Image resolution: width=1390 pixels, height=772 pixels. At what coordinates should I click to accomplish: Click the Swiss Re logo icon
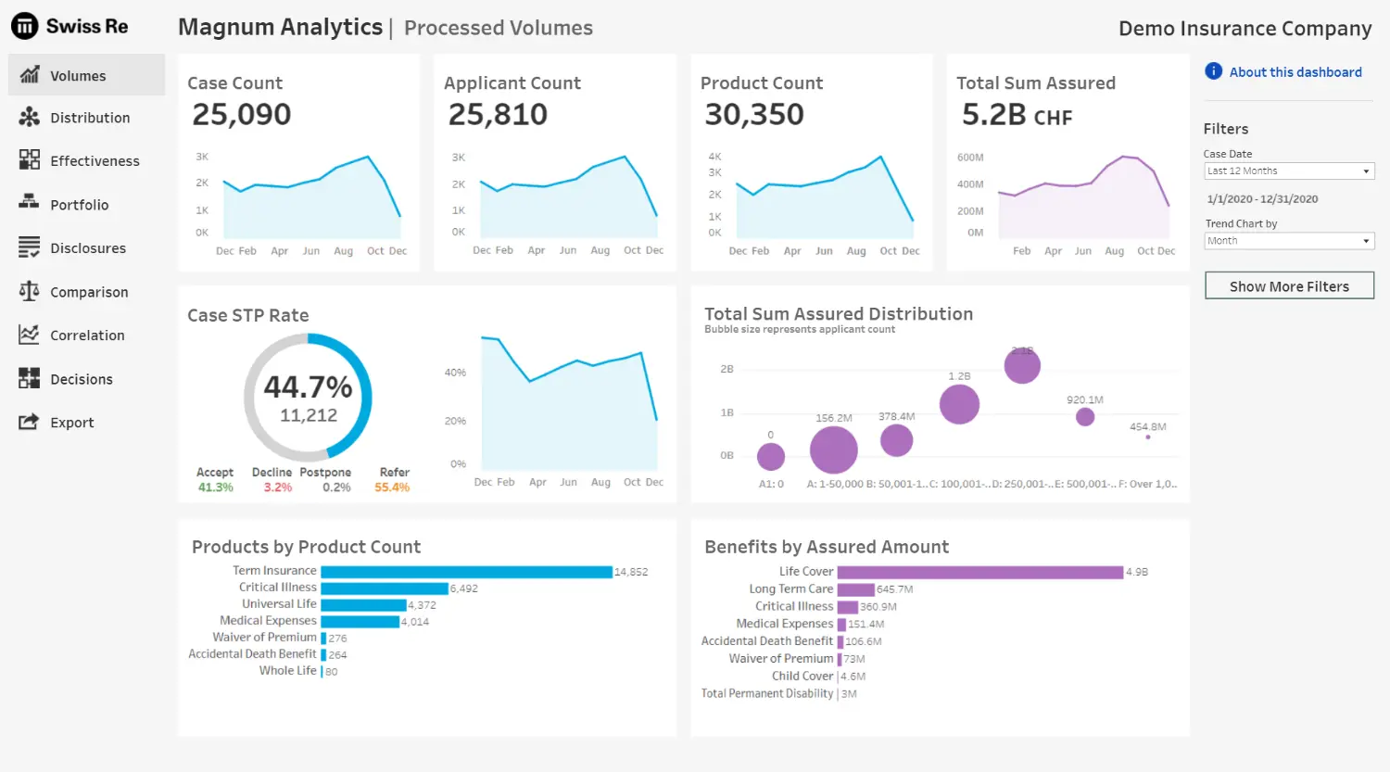pyautogui.click(x=25, y=26)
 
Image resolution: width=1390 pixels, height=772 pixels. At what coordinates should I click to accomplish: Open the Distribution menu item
pyautogui.click(x=89, y=118)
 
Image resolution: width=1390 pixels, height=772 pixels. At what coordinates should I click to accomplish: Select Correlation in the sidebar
pyautogui.click(x=86, y=335)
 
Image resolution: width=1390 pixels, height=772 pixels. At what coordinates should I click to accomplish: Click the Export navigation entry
pyautogui.click(x=71, y=423)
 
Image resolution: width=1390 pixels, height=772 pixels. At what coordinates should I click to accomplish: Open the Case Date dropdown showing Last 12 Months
pyautogui.click(x=1288, y=171)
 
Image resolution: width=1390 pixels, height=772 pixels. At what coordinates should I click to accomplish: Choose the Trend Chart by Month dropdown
pyautogui.click(x=1288, y=241)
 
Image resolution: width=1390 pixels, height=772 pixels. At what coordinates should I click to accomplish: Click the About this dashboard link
pyautogui.click(x=1295, y=72)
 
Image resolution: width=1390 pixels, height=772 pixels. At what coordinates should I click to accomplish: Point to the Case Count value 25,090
pyautogui.click(x=242, y=115)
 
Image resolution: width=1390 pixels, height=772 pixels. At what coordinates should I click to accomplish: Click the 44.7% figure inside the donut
pyautogui.click(x=308, y=386)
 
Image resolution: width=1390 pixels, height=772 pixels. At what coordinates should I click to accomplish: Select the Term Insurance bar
pyautogui.click(x=466, y=572)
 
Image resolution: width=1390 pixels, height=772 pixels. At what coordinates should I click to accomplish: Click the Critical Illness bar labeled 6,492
pyautogui.click(x=384, y=588)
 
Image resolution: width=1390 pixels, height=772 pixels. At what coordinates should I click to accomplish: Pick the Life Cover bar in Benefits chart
pyautogui.click(x=979, y=573)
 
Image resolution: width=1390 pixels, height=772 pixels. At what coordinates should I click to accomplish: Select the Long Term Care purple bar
pyautogui.click(x=855, y=589)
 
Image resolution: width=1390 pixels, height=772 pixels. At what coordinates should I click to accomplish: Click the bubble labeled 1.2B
pyautogui.click(x=959, y=404)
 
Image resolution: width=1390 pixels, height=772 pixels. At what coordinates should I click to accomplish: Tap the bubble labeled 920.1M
pyautogui.click(x=1085, y=417)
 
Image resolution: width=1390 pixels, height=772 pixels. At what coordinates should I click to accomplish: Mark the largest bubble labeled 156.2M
pyautogui.click(x=833, y=450)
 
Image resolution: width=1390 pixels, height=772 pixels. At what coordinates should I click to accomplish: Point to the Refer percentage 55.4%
pyautogui.click(x=392, y=487)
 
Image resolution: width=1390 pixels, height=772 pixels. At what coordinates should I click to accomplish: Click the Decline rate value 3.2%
pyautogui.click(x=278, y=487)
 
